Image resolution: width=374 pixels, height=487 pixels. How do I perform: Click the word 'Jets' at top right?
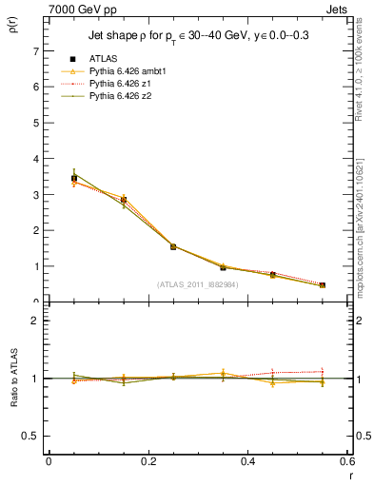339,8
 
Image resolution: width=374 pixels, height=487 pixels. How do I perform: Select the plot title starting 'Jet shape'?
199,34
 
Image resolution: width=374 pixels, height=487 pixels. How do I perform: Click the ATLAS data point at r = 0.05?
74,178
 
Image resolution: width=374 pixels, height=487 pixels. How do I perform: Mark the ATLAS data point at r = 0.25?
173,246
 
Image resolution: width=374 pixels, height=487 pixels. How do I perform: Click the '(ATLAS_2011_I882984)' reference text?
199,283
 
